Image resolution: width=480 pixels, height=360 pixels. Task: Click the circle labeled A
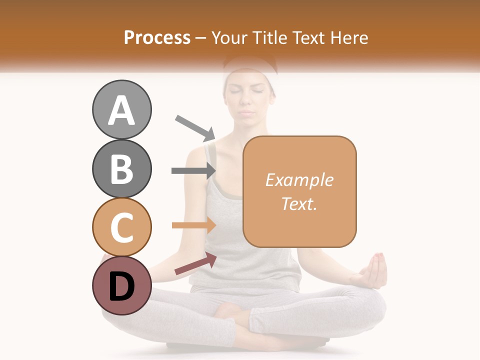coord(121,110)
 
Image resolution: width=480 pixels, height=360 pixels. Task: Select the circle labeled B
coord(121,168)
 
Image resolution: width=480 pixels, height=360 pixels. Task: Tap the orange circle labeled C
coord(121,227)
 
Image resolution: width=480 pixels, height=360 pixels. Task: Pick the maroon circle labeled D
coord(121,285)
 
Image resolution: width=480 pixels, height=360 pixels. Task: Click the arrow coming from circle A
coord(195,127)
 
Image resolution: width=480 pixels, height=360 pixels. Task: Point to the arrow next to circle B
coord(193,171)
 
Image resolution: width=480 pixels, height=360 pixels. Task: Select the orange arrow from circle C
coord(193,225)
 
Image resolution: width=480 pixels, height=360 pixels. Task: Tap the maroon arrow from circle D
coord(195,263)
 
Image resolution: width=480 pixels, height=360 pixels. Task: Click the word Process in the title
coord(157,37)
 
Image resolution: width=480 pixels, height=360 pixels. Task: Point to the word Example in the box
coord(299,180)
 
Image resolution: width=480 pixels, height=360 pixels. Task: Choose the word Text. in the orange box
coord(299,203)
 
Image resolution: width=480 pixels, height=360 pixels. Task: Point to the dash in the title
coord(201,38)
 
